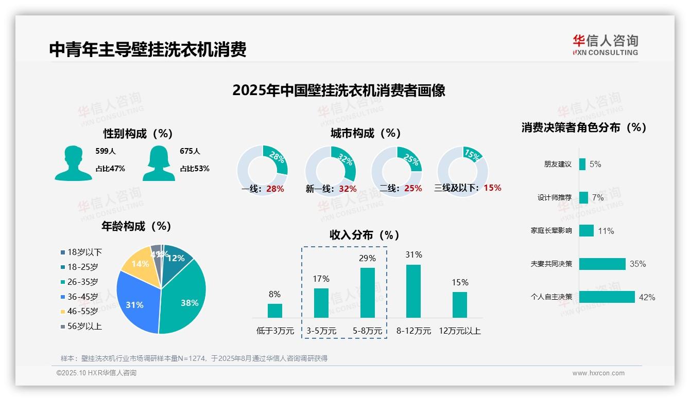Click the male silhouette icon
point(74,163)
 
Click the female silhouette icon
point(159,163)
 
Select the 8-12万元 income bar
point(413,291)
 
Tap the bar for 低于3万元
point(275,311)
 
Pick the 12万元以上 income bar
point(460,304)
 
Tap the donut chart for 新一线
point(330,171)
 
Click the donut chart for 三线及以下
point(462,171)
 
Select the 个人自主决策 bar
point(607,297)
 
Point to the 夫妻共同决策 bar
point(602,264)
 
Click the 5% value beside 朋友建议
point(595,165)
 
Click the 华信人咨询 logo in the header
point(605,45)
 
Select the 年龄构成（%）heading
point(136,226)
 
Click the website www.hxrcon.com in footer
point(598,373)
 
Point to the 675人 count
point(190,151)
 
